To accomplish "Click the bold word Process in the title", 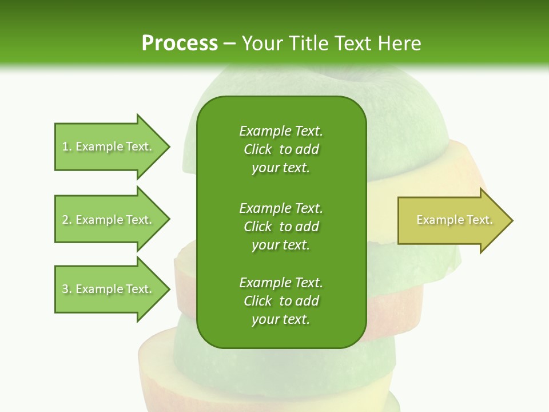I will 180,43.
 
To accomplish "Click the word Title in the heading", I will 306,43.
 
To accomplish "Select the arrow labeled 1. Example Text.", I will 109,146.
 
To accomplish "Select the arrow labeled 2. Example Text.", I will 109,220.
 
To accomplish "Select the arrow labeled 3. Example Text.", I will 109,289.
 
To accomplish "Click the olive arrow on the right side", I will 452,220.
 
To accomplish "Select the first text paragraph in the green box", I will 281,149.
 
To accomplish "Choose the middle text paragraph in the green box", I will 281,226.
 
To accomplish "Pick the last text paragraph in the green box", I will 281,301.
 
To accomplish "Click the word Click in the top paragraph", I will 258,149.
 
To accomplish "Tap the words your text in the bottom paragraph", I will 281,319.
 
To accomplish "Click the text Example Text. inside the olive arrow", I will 454,220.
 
